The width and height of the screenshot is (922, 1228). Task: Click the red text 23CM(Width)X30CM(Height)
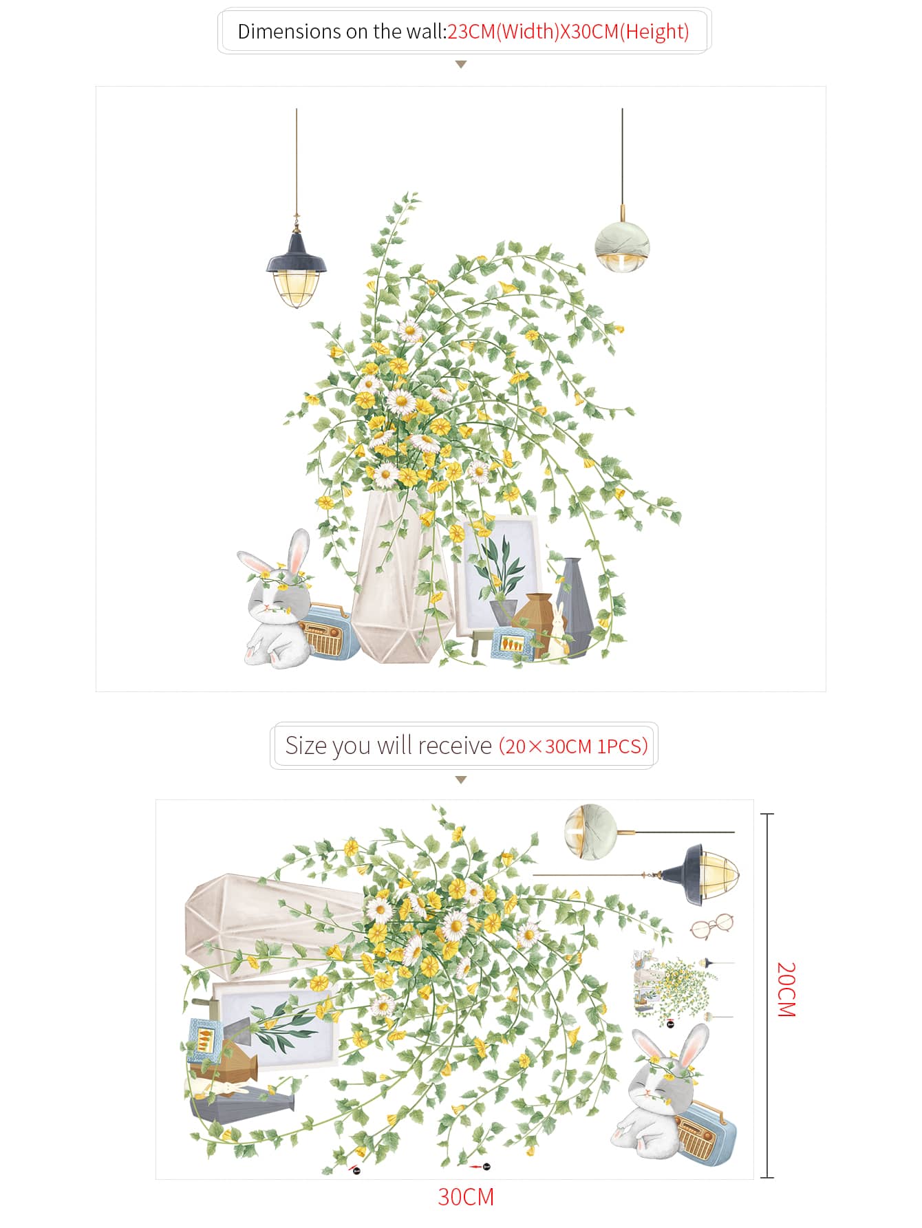click(568, 32)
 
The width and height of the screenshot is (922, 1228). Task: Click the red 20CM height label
click(786, 989)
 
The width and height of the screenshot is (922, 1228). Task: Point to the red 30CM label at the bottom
click(466, 1197)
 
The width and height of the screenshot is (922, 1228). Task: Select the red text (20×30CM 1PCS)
click(573, 746)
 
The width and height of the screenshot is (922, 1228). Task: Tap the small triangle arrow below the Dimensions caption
click(461, 64)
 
